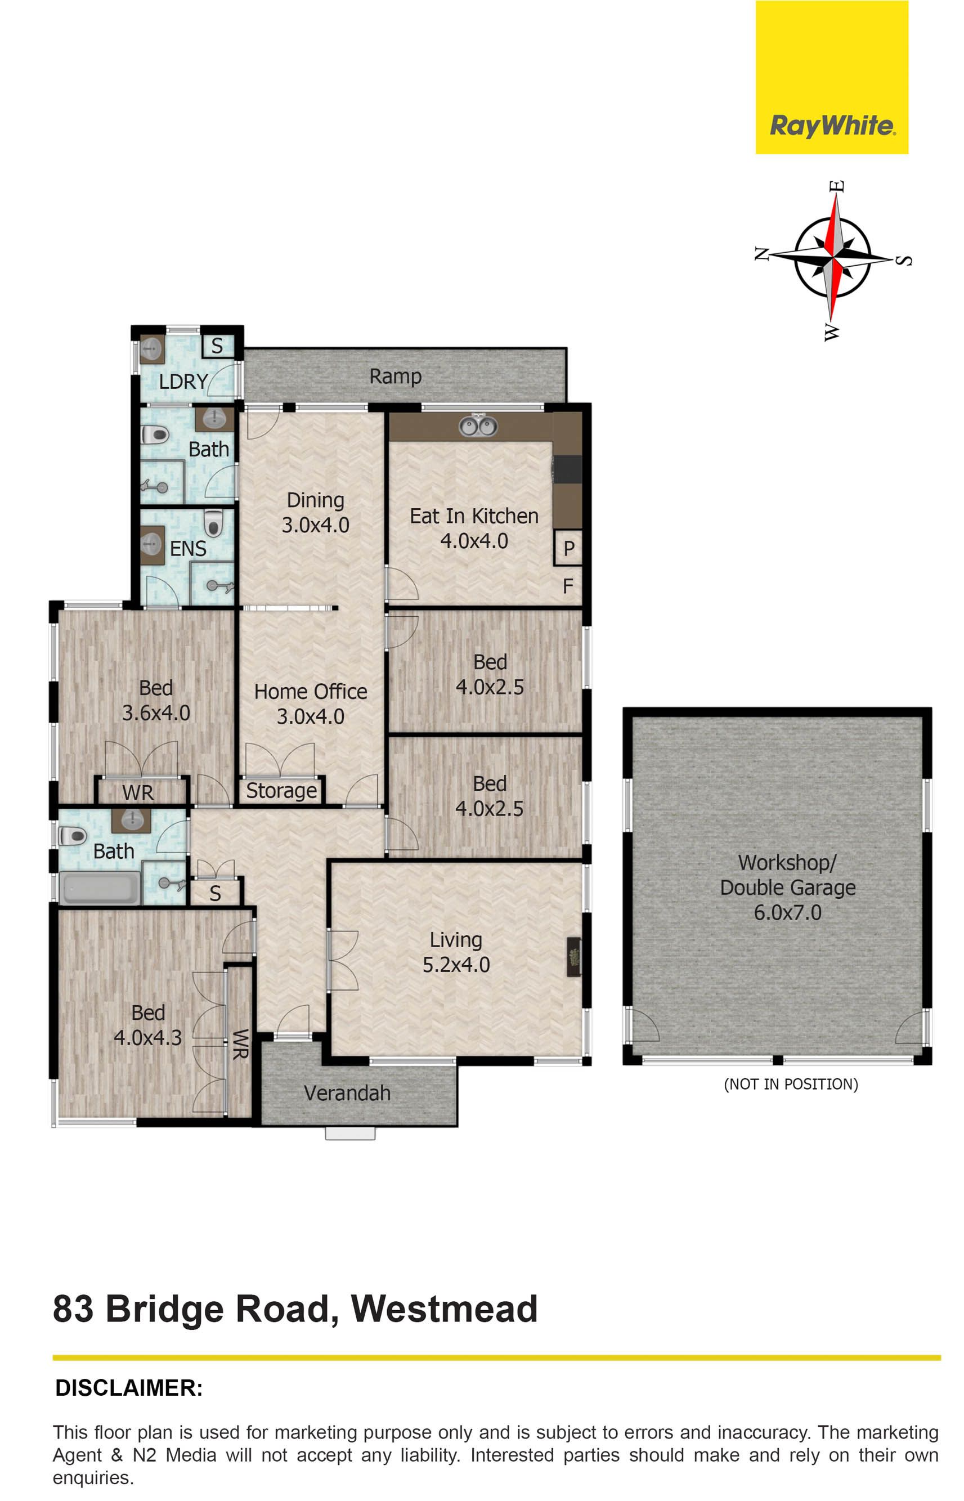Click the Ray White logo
[x=831, y=77]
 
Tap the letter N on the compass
[x=761, y=253]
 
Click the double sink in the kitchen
[x=478, y=425]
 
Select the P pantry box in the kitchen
[x=568, y=548]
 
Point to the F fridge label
[x=568, y=586]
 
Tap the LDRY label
[x=183, y=381]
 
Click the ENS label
[x=188, y=548]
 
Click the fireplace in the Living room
[x=574, y=956]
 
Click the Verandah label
[x=347, y=1093]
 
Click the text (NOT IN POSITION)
[x=791, y=1084]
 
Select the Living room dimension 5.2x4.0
[x=456, y=965]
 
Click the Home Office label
[x=311, y=691]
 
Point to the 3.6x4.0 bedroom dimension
[x=156, y=713]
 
